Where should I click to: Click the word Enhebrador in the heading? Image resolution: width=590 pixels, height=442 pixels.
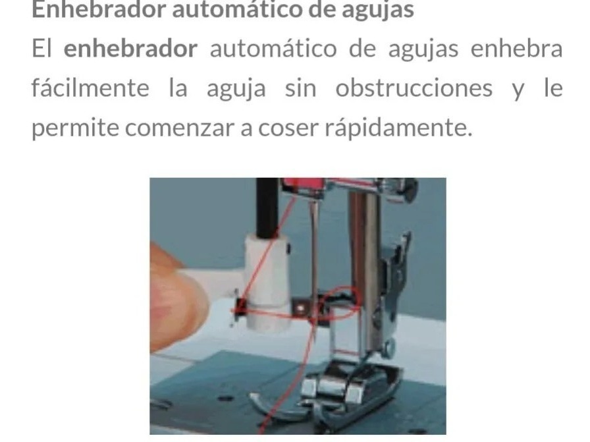tap(99, 9)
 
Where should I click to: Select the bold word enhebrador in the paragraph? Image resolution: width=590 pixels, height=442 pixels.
tap(130, 49)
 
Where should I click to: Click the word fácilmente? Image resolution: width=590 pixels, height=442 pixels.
tap(90, 88)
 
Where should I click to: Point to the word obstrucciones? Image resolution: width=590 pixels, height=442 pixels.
tap(414, 88)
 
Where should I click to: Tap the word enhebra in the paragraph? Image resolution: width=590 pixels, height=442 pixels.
tap(517, 49)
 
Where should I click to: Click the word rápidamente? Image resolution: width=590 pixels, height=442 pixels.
tap(398, 128)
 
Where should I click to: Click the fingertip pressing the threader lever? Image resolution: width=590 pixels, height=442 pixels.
tap(177, 298)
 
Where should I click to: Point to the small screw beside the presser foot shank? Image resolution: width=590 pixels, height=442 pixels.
tap(389, 346)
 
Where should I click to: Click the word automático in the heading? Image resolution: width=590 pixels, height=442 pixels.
tap(237, 9)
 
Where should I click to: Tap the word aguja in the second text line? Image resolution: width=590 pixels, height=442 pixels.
tap(236, 89)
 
